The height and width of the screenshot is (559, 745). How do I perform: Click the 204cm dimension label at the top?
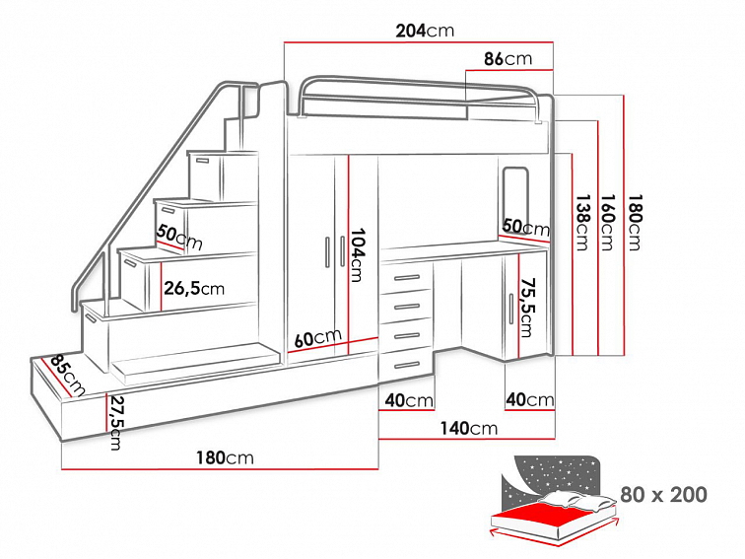[x=425, y=30]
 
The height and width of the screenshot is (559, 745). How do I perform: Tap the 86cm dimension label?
[x=508, y=59]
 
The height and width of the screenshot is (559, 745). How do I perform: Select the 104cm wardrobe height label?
[x=358, y=254]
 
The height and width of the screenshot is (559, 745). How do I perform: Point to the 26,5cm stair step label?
[x=194, y=289]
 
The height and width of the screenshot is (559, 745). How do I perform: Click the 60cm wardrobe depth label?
[x=317, y=337]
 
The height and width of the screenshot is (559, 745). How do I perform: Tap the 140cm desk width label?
[x=469, y=428]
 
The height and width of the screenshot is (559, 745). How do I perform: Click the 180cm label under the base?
[x=225, y=457]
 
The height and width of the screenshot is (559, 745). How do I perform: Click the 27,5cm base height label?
[x=116, y=422]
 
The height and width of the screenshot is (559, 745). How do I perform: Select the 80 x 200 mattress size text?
[x=663, y=494]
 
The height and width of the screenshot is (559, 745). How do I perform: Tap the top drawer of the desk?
[x=405, y=279]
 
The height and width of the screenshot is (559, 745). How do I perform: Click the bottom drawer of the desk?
[x=405, y=366]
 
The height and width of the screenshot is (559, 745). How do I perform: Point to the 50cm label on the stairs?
[x=178, y=237]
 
